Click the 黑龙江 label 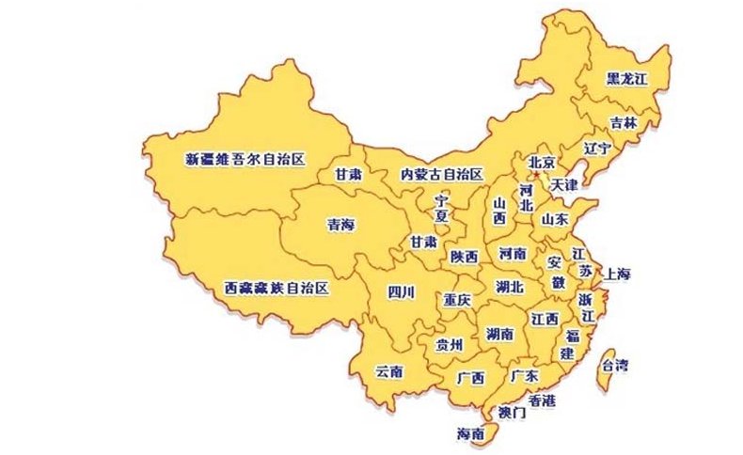pos(627,78)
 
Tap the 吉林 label pos(623,122)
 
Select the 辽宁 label pos(597,149)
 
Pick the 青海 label pos(340,225)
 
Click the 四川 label pos(401,291)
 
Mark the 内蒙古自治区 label pos(441,174)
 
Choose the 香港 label pos(542,400)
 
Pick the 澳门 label pos(513,412)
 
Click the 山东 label pos(554,218)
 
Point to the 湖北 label pos(509,287)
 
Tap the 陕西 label pos(464,256)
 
